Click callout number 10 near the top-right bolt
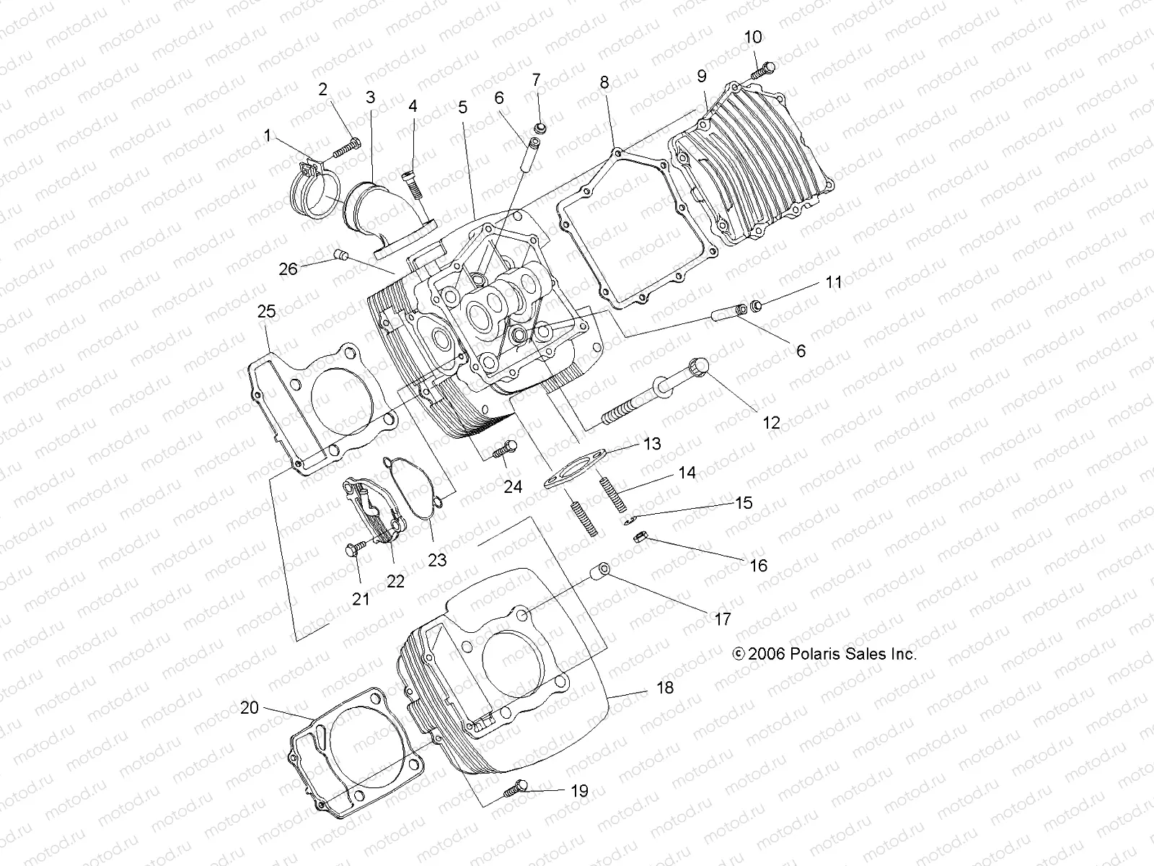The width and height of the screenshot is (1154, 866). pos(752,38)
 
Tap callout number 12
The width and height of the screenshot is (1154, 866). pos(771,422)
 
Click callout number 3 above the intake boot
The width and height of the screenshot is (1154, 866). pos(370,97)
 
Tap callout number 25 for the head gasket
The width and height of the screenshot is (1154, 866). pos(266,311)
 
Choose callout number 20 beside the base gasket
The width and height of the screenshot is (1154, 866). pos(249,708)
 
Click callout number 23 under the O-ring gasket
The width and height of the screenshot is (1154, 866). pos(437,559)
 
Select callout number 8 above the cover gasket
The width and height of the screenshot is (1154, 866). pos(604,83)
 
